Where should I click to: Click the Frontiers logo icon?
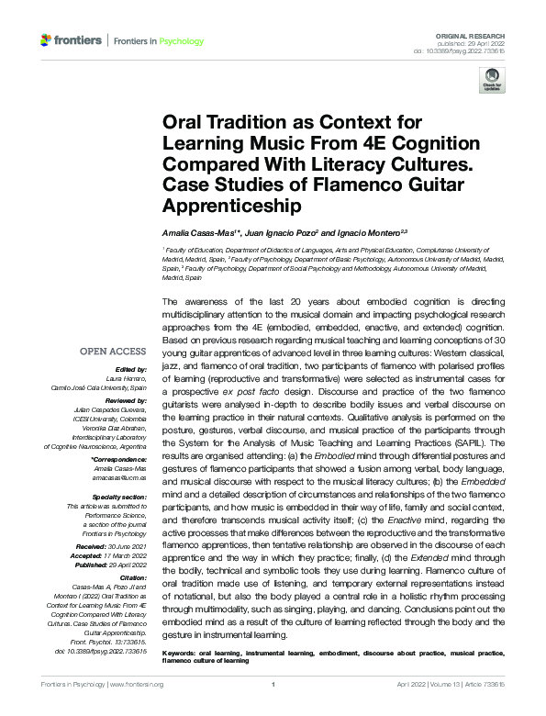click(x=46, y=40)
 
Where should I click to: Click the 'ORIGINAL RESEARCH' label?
click(x=481, y=33)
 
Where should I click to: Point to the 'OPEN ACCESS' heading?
click(x=113, y=351)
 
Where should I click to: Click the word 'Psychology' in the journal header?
click(x=181, y=41)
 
